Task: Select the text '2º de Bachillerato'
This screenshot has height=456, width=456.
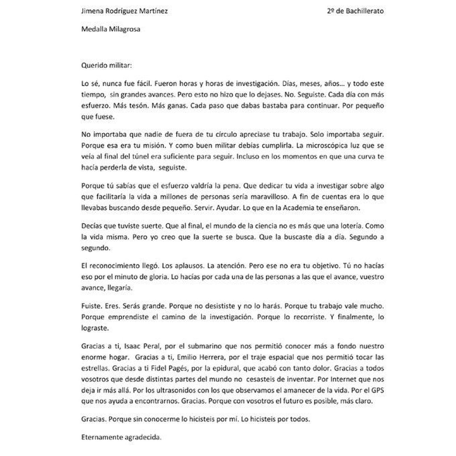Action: (x=355, y=11)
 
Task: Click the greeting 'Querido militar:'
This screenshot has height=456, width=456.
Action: (x=107, y=66)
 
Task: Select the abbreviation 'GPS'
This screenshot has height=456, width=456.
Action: (x=377, y=390)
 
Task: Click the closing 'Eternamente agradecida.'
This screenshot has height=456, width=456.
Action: (x=121, y=437)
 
